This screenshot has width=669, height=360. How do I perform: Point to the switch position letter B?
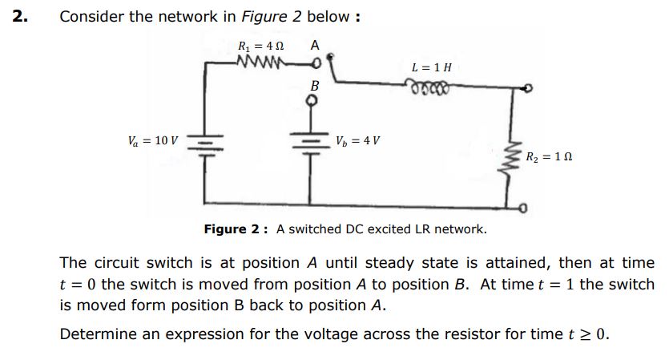[x=314, y=85]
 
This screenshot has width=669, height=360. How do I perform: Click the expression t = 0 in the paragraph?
[x=80, y=284]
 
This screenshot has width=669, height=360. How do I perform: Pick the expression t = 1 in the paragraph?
[x=548, y=284]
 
